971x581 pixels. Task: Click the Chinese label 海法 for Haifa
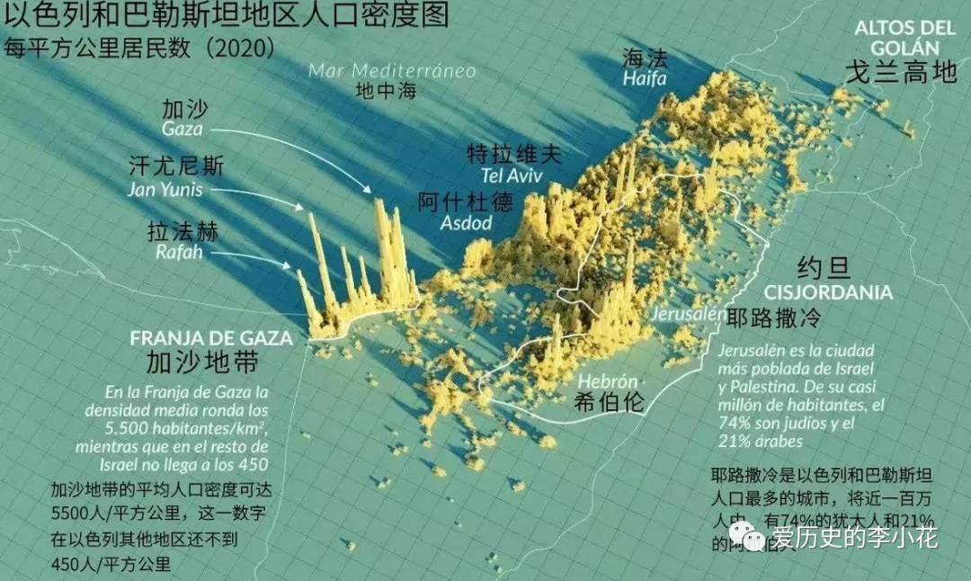point(646,58)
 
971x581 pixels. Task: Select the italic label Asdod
point(466,223)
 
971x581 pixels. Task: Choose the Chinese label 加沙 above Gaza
point(184,109)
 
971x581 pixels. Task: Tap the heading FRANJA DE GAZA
point(211,339)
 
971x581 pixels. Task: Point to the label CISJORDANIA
point(828,292)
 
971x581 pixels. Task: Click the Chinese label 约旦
point(824,267)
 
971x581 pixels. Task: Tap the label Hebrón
point(608,380)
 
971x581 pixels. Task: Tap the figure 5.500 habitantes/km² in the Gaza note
point(191,427)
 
